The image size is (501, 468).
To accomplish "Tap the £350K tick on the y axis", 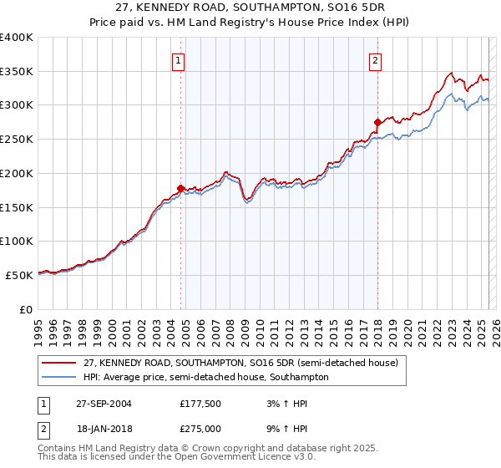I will point(17,72).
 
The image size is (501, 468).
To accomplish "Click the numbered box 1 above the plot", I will point(180,60).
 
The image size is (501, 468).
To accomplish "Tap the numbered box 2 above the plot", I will point(376,60).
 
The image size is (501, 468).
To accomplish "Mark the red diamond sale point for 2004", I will point(180,188).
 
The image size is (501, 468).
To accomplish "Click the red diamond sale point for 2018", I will point(377,122).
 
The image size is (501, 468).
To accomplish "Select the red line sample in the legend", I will point(59,364).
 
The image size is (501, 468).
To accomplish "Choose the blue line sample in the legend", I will point(59,377).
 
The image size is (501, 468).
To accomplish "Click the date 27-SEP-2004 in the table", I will point(104,404).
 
